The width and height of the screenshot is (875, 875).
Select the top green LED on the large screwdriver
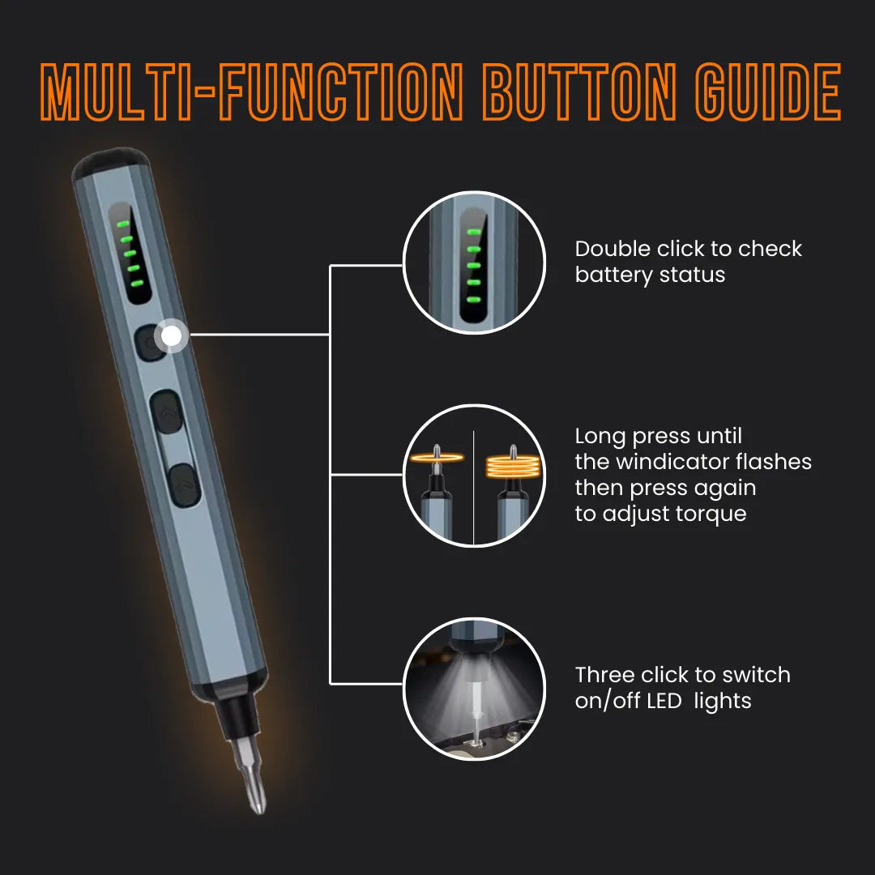click(123, 223)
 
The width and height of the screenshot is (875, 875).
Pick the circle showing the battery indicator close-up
click(473, 262)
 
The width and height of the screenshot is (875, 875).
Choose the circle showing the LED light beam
click(473, 688)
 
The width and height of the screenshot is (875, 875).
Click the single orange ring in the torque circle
click(438, 459)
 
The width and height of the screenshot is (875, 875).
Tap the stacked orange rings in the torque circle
click(512, 465)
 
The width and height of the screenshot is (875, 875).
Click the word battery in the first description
click(609, 275)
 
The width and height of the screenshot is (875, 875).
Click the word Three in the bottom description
click(604, 675)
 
